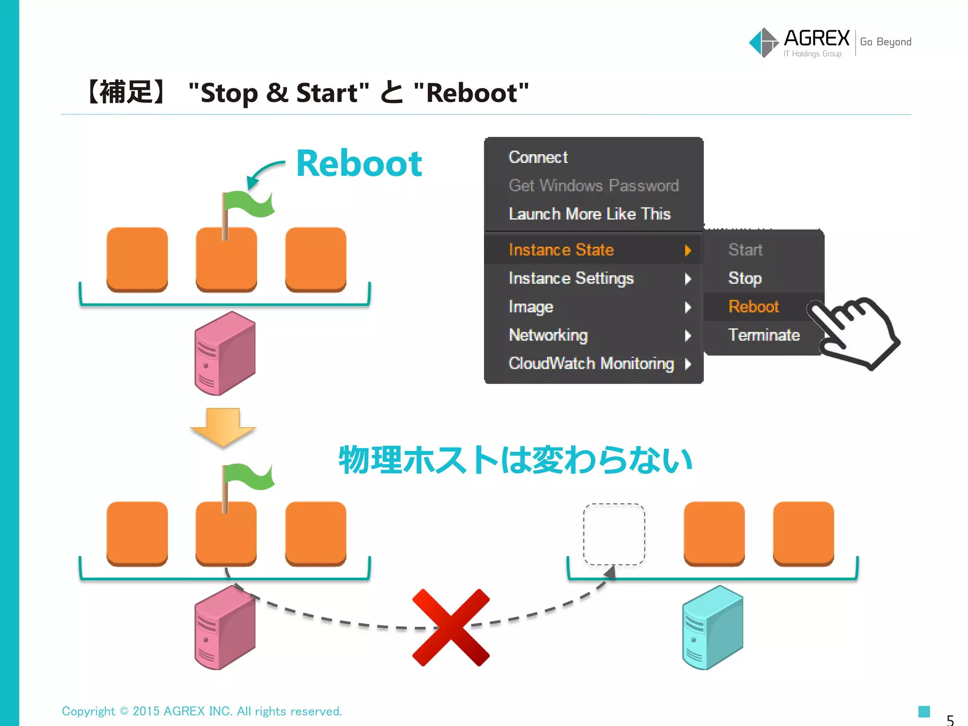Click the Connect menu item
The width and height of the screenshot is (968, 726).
click(538, 157)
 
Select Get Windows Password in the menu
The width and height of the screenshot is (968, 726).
click(594, 185)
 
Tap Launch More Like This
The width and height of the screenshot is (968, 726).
click(589, 214)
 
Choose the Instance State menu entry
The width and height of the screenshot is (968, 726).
click(562, 250)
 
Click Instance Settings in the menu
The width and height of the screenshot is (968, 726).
click(571, 278)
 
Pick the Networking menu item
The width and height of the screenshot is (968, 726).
click(548, 335)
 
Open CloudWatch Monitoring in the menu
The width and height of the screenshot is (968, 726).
click(591, 363)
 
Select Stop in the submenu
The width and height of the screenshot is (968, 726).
click(745, 278)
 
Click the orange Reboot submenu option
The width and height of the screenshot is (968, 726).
click(753, 306)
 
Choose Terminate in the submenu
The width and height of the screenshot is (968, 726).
click(764, 335)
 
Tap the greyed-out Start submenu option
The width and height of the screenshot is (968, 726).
click(745, 250)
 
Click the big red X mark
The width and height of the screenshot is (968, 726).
click(451, 627)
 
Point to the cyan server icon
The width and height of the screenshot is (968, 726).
click(712, 627)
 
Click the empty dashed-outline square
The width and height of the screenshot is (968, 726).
click(614, 534)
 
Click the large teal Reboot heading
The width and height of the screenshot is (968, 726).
click(359, 164)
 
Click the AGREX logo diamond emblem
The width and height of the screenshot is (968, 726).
click(763, 43)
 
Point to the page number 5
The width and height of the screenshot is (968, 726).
click(950, 720)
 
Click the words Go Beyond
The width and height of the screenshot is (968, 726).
click(885, 42)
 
